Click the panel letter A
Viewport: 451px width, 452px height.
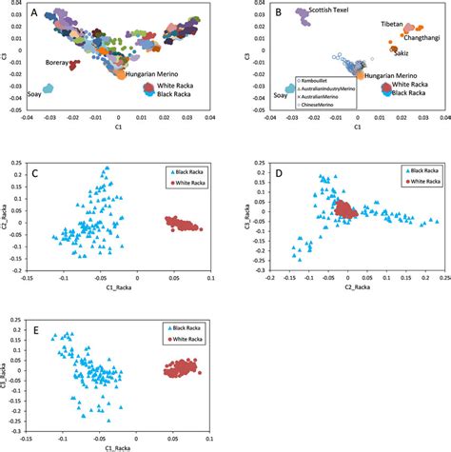tap(35, 13)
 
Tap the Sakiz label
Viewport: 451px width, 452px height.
tap(393, 67)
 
